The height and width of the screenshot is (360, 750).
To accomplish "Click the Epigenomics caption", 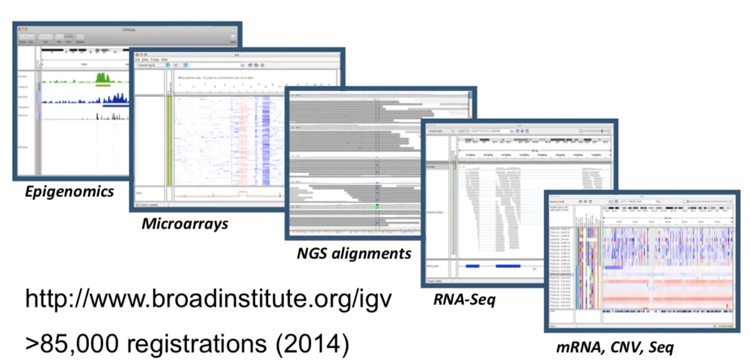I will [x=69, y=191].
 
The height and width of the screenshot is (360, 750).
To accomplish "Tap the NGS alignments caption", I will [x=354, y=254].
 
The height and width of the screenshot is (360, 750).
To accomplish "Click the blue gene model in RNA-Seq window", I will [x=494, y=266].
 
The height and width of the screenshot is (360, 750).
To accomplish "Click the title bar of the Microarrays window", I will [x=237, y=55].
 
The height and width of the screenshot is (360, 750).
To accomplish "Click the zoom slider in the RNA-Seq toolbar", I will [x=594, y=131].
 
